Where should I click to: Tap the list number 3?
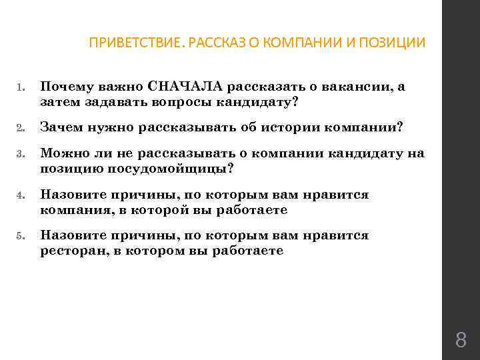click(x=21, y=154)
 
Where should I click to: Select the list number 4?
click(x=21, y=196)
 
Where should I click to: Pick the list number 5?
click(x=21, y=237)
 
